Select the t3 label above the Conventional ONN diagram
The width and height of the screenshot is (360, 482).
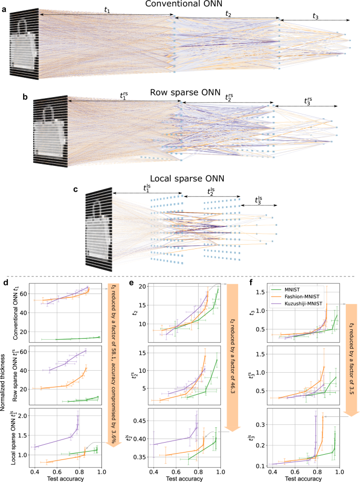click(315, 17)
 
